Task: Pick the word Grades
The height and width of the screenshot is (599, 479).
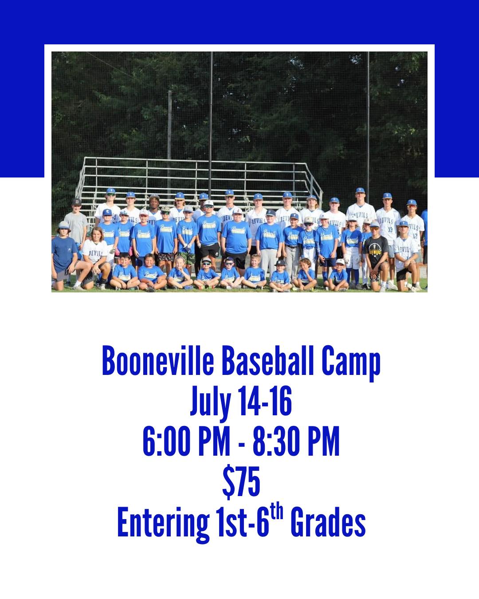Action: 328,522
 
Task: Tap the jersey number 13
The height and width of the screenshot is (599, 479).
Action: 390,230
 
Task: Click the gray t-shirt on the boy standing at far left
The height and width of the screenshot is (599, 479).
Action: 75,227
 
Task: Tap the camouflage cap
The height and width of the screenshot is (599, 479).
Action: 166,209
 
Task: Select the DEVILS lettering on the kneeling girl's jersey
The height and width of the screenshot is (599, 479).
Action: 95,253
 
